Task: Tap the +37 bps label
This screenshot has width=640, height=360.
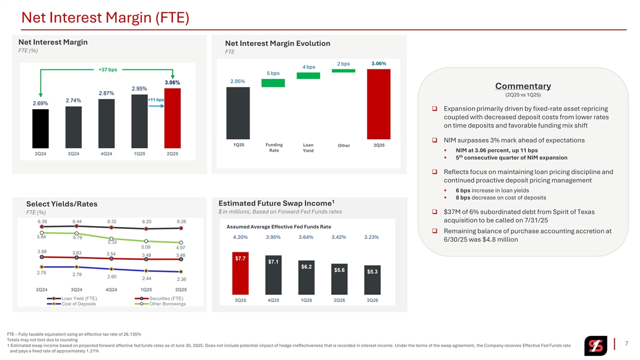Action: point(108,70)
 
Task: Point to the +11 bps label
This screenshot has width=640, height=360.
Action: point(155,100)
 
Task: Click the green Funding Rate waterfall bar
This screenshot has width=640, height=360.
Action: point(273,83)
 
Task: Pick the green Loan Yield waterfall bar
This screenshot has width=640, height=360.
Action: point(308,76)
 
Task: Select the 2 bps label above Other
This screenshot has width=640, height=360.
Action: point(343,64)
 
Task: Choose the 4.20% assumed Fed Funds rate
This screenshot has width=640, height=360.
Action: point(241,237)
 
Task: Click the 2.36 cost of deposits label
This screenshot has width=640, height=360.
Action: point(182,279)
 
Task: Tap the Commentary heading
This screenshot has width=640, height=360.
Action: point(523,86)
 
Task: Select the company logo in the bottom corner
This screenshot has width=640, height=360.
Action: point(595,346)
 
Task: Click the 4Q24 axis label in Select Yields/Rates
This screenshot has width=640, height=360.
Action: point(111,290)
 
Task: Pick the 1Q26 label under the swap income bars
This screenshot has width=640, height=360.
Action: point(307,300)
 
